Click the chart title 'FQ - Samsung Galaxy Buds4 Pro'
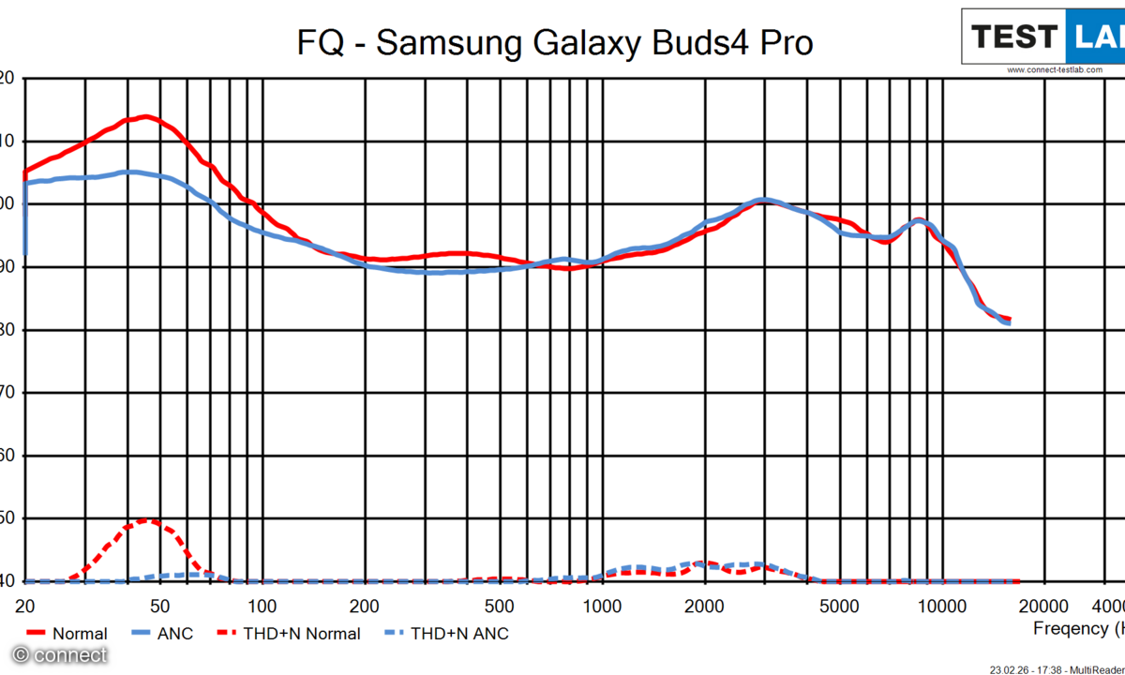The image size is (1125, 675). click(555, 42)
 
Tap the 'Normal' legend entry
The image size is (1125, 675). click(80, 634)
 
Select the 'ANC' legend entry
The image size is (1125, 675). click(174, 634)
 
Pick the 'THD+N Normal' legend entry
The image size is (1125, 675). click(301, 634)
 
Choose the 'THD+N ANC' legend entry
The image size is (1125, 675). click(459, 634)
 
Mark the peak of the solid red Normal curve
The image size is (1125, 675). click(145, 116)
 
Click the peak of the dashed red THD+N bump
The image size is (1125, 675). click(145, 520)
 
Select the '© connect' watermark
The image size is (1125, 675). click(59, 655)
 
